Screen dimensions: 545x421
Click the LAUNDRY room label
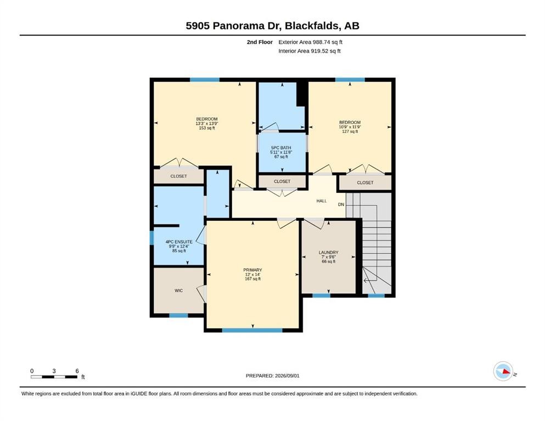pos(328,253)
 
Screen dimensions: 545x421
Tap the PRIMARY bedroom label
pos(252,270)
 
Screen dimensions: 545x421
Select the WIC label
pos(179,291)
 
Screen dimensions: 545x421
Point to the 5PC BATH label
pos(281,148)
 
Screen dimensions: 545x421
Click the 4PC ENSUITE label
pos(179,242)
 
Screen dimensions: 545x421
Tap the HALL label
pos(322,201)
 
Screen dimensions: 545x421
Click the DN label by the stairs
pos(341,204)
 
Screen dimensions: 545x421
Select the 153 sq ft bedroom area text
pos(207,128)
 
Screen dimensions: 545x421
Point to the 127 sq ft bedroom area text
pos(350,132)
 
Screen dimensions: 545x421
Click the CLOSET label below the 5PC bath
pos(282,181)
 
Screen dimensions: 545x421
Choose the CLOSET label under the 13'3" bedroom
pos(179,177)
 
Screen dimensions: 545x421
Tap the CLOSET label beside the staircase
pos(365,183)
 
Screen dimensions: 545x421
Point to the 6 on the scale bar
pos(77,371)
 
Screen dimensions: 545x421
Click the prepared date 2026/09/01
pos(287,376)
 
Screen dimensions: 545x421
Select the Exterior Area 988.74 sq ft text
pos(311,42)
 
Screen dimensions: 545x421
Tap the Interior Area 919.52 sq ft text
pos(310,51)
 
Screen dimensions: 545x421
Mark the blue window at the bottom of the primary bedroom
pos(252,331)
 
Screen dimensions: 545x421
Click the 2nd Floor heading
pos(260,42)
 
